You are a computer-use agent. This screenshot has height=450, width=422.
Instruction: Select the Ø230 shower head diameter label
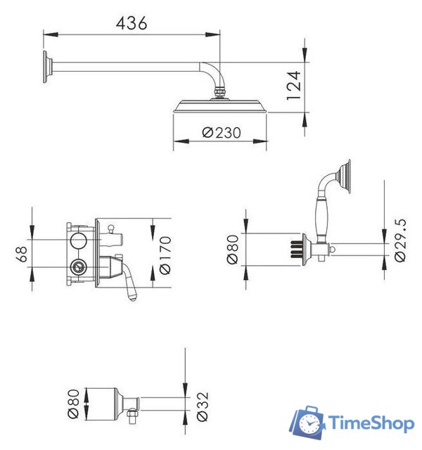pos(220,131)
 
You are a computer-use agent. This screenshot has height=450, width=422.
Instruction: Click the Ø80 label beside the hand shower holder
pos(234,249)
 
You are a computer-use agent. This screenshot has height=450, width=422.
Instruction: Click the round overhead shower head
pos(220,106)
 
